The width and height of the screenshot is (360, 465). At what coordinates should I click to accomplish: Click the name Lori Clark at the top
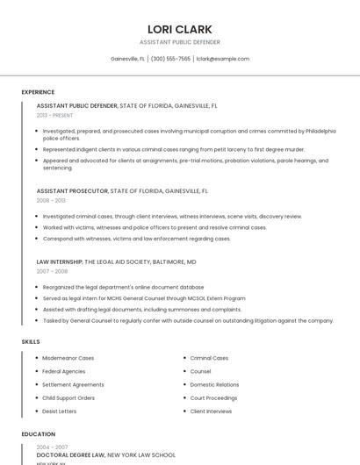pyautogui.click(x=180, y=29)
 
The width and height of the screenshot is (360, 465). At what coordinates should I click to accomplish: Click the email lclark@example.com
pyautogui.click(x=223, y=59)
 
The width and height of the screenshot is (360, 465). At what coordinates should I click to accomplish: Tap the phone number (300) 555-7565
pyautogui.click(x=170, y=59)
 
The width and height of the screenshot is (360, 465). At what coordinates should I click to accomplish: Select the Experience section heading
pyautogui.click(x=38, y=92)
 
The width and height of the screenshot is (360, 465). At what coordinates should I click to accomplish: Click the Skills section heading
pyautogui.click(x=31, y=341)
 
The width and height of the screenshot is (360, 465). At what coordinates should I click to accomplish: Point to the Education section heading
pyautogui.click(x=38, y=434)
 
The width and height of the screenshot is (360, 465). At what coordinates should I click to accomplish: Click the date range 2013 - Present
pyautogui.click(x=54, y=115)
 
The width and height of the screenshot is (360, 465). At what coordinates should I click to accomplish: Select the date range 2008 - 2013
pyautogui.click(x=51, y=200)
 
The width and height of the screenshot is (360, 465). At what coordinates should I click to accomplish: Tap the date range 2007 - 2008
pyautogui.click(x=51, y=271)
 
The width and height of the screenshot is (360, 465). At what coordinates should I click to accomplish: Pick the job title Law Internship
pyautogui.click(x=60, y=261)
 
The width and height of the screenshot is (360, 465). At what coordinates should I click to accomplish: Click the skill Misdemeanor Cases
pyautogui.click(x=68, y=358)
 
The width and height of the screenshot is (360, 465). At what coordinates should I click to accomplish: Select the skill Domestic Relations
pyautogui.click(x=214, y=384)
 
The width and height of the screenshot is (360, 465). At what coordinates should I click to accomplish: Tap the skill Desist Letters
pyautogui.click(x=60, y=411)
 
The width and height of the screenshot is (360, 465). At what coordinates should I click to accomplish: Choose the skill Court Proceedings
pyautogui.click(x=213, y=397)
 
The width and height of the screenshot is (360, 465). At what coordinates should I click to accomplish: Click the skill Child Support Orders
pyautogui.click(x=68, y=397)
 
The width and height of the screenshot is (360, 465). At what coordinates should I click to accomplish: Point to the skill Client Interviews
pyautogui.click(x=211, y=411)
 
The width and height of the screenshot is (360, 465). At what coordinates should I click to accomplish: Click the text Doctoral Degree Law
pyautogui.click(x=70, y=455)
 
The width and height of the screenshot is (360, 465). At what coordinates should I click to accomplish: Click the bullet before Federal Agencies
pyautogui.click(x=36, y=371)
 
